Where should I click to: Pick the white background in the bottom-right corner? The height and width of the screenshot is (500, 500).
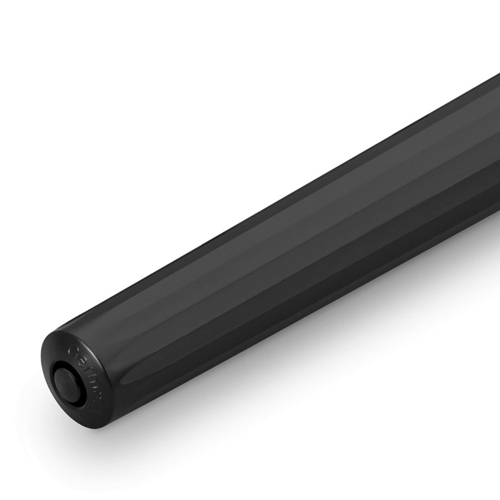(x=464, y=464)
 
